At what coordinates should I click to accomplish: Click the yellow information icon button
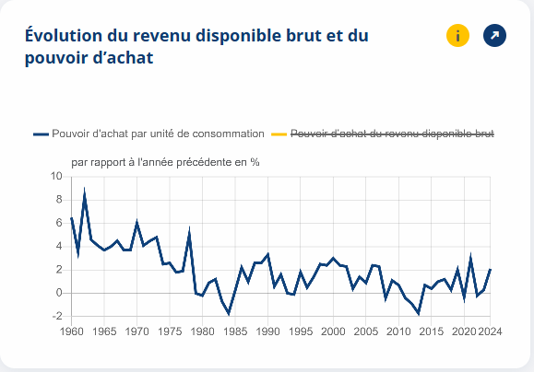[x=458, y=36]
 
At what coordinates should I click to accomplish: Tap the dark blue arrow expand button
[x=495, y=36]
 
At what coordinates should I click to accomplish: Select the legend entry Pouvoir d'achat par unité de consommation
[x=148, y=134]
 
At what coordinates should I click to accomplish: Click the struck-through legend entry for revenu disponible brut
[x=393, y=134]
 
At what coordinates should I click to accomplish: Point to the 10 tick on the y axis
[x=56, y=177]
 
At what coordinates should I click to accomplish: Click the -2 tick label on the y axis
[x=56, y=316]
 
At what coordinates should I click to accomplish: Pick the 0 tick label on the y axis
[x=58, y=293]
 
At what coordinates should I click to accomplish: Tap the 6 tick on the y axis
[x=58, y=223]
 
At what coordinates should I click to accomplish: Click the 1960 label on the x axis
[x=71, y=331]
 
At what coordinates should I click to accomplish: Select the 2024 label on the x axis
[x=490, y=331]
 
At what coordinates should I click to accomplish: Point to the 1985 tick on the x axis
[x=235, y=331]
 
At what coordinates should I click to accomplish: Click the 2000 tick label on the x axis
[x=333, y=331]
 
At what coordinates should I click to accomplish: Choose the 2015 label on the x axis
[x=431, y=331]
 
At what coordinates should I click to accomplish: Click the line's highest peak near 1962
[x=85, y=192]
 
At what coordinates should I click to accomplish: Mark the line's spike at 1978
[x=189, y=232]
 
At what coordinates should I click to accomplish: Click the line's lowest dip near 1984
[x=229, y=314]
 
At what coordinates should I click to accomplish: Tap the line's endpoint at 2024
[x=490, y=269]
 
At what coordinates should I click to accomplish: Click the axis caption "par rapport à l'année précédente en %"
[x=165, y=162]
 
